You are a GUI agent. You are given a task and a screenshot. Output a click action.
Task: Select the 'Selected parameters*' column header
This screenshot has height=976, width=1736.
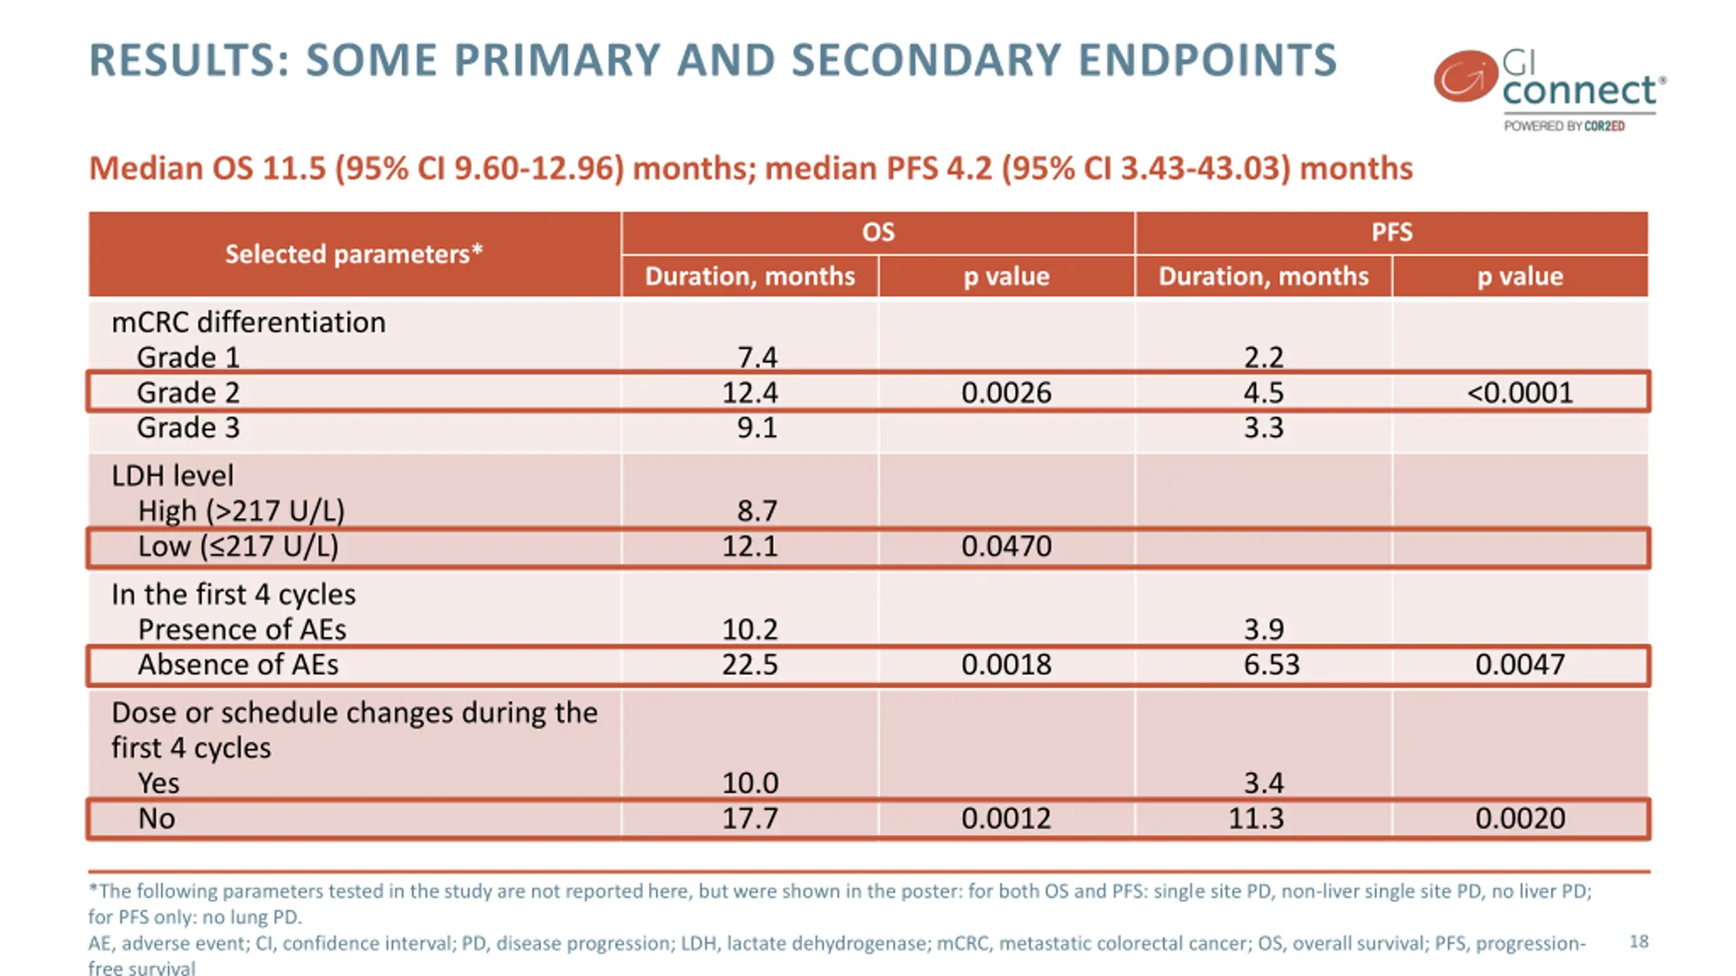[x=353, y=254]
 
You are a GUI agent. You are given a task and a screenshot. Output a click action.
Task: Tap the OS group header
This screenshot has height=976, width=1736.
[x=877, y=232]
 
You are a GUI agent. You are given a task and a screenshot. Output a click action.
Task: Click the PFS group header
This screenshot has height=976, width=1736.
[x=1392, y=232]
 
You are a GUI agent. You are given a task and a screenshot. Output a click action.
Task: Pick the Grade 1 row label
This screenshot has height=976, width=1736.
[x=188, y=357]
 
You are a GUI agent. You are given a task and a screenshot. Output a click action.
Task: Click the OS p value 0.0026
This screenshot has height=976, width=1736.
[x=1006, y=392]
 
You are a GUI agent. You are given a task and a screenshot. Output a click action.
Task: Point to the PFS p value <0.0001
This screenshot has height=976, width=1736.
[x=1520, y=392]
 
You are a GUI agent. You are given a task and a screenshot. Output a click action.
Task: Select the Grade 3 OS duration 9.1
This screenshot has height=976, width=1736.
[x=757, y=428]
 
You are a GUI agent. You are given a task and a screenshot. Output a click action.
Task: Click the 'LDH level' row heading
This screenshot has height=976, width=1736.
[x=172, y=475]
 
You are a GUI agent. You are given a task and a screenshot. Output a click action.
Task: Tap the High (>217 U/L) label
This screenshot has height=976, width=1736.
[x=241, y=510]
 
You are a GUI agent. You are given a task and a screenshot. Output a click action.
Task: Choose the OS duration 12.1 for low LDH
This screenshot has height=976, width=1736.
[x=749, y=546]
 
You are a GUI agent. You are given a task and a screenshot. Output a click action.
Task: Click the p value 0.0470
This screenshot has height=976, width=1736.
[x=1006, y=546]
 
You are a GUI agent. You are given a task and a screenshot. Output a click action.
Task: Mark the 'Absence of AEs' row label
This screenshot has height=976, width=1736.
[x=237, y=664]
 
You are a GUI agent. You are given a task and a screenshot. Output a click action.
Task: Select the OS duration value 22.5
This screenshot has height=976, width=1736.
[x=749, y=664]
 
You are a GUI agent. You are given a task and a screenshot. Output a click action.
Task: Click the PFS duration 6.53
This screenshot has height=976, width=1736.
[x=1271, y=664]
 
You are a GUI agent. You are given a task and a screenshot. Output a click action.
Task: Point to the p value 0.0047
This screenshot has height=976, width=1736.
[x=1520, y=664]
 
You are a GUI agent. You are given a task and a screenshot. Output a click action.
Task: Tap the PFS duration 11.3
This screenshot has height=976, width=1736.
[x=1256, y=818]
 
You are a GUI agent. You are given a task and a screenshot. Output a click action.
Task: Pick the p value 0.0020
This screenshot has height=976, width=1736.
[x=1520, y=818]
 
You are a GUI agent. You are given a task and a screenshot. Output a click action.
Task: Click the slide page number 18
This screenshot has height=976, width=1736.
[x=1638, y=941]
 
